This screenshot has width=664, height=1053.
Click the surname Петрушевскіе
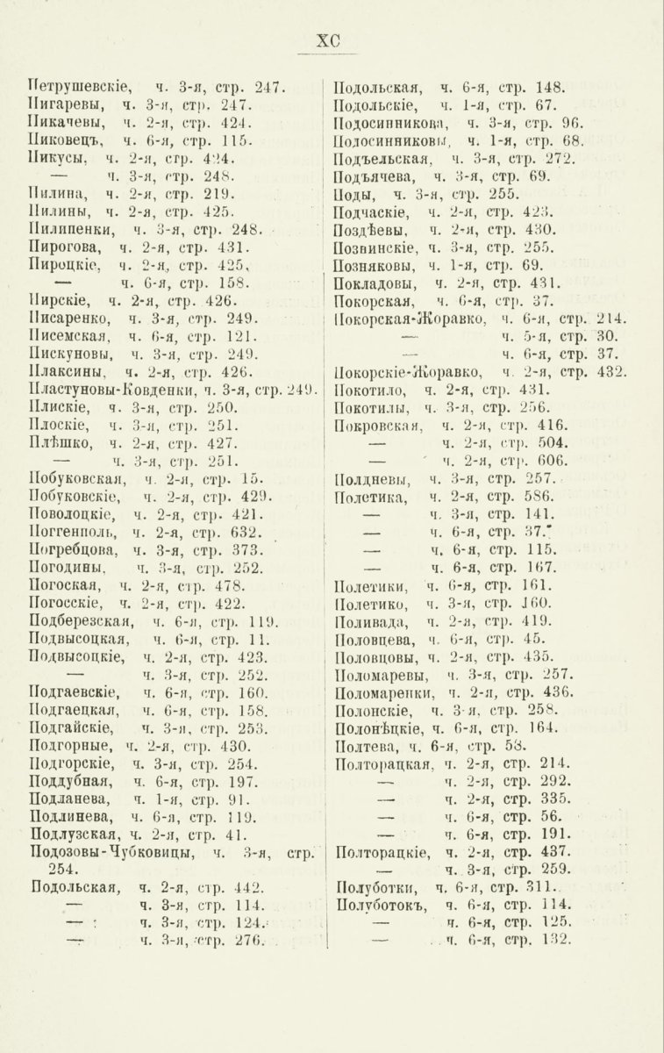point(80,87)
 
